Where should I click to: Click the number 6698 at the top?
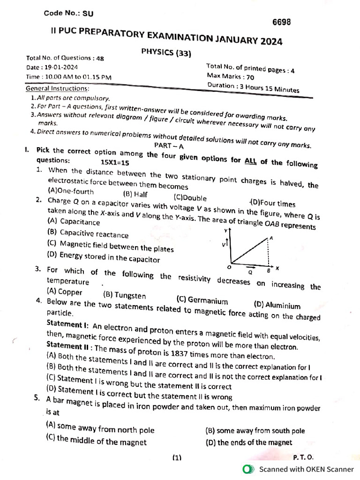(282, 22)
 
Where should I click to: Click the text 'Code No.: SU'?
(68, 14)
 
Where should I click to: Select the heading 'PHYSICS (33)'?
(166, 52)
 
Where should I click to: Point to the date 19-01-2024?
(62, 67)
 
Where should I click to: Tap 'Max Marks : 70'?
(231, 76)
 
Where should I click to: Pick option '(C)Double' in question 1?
(190, 198)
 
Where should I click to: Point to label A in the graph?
(271, 238)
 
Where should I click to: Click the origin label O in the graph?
(229, 267)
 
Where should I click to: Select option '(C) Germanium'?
(202, 300)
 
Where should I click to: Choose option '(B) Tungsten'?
(124, 296)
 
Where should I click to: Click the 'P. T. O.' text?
(303, 457)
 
